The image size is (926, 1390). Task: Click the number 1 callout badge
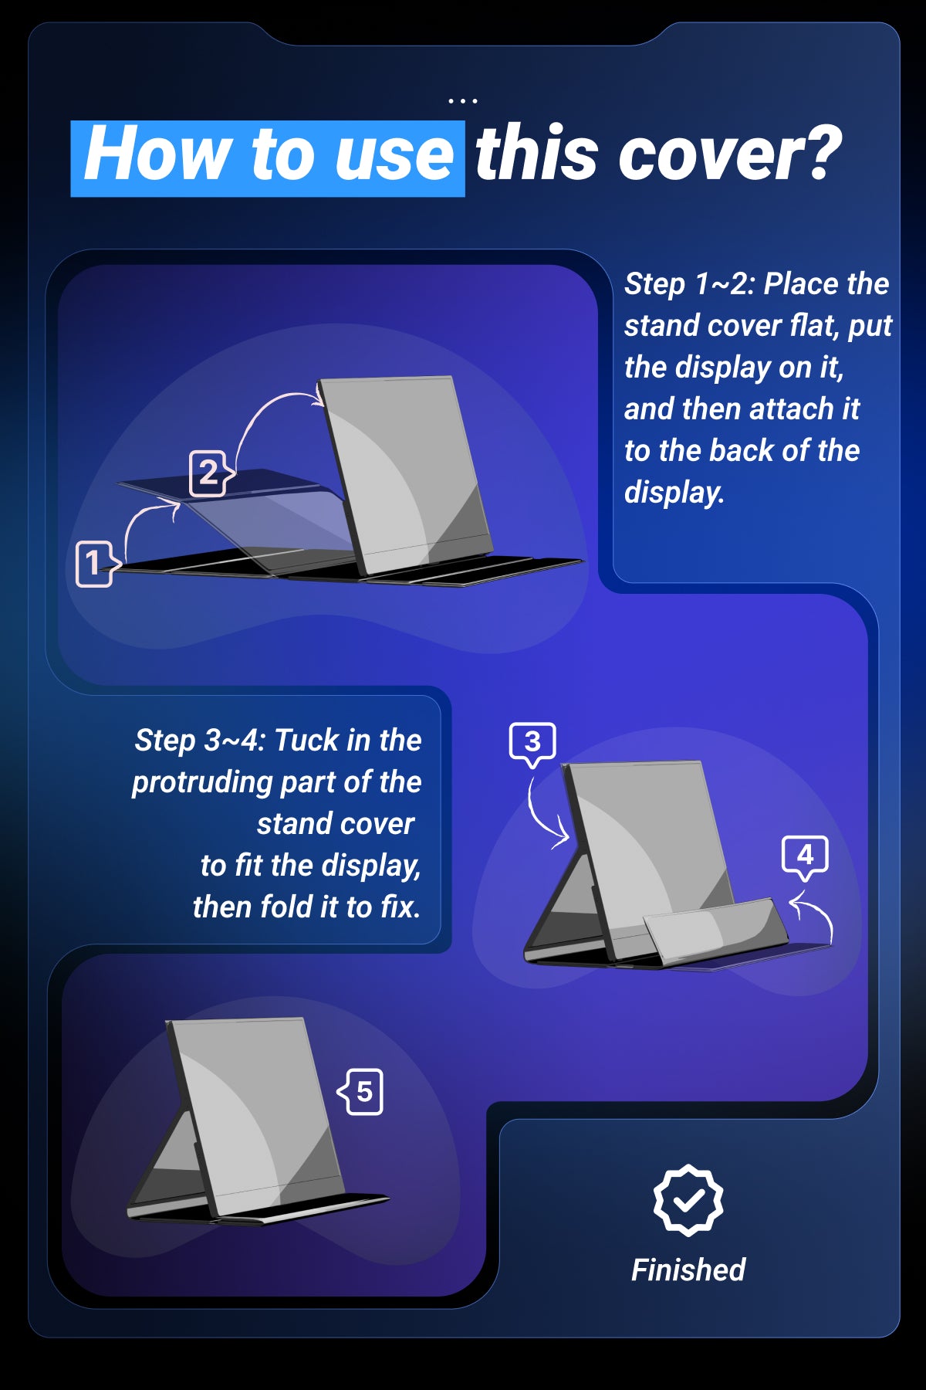coord(97,564)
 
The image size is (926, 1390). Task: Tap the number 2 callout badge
coord(211,473)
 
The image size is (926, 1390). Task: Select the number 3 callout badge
coord(532,744)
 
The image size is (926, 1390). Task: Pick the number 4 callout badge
coord(805,856)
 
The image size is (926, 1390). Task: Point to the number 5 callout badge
coord(361,1092)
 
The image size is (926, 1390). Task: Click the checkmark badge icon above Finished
coord(688,1200)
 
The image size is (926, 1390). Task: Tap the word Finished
coord(688,1270)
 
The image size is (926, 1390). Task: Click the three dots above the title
coord(463,101)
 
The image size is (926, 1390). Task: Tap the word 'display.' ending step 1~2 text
coord(674,493)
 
